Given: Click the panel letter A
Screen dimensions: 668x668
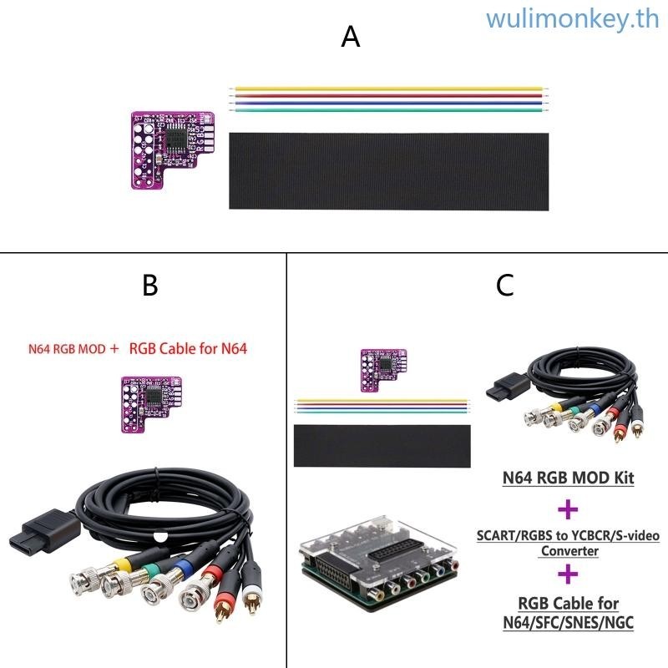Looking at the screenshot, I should (x=351, y=37).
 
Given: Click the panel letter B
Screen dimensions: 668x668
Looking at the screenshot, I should (x=149, y=286).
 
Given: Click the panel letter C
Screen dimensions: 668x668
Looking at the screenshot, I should (x=504, y=286).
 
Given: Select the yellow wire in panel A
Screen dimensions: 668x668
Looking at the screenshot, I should (x=389, y=88).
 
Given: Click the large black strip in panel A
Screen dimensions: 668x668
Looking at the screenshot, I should (x=389, y=170).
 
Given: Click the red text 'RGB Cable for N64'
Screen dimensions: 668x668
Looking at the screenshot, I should (x=188, y=349).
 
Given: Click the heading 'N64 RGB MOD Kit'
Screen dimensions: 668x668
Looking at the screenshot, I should (x=568, y=478).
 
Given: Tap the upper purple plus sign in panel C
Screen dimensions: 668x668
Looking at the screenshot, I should (x=568, y=509).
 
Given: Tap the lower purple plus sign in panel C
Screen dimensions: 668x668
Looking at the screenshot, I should (x=568, y=574).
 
